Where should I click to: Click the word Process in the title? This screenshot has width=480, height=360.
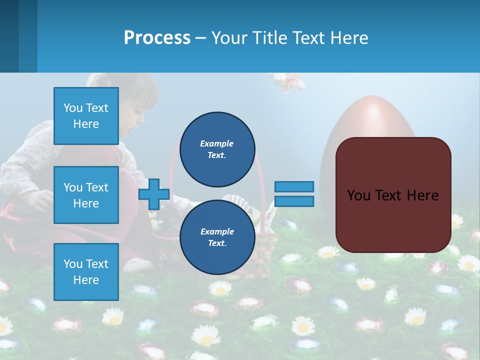tap(157, 38)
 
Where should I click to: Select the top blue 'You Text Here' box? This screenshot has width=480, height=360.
tap(86, 116)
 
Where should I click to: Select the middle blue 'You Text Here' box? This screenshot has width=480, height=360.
tap(86, 195)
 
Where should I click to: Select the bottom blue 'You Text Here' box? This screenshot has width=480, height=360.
tap(86, 272)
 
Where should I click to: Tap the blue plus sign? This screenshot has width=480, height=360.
tap(154, 194)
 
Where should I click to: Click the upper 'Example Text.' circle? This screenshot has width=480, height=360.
tap(217, 149)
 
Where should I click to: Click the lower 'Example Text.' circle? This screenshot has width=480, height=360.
tap(217, 237)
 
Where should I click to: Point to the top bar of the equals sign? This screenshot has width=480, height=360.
tap(294, 186)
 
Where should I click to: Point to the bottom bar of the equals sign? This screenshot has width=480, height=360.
tap(294, 201)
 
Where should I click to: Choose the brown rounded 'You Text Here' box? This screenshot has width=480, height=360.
tap(393, 195)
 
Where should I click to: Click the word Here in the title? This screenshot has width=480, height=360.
tap(350, 38)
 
